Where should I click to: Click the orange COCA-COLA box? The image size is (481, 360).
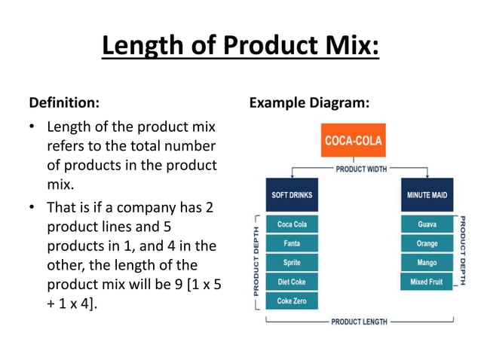[353, 140]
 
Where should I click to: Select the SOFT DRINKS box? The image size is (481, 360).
[291, 195]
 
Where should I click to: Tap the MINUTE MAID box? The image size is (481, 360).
[427, 195]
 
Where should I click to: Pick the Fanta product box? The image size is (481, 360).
[291, 243]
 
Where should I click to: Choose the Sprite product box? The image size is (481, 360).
[291, 262]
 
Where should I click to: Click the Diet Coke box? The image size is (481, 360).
[291, 282]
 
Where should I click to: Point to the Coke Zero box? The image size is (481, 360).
[291, 301]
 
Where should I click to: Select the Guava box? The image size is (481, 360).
[427, 224]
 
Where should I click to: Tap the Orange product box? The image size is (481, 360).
[427, 243]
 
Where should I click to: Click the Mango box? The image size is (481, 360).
[427, 262]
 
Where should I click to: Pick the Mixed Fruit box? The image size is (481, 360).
[427, 282]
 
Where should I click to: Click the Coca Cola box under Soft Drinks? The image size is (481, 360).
[291, 224]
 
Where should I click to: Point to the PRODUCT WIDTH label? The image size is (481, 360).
[361, 169]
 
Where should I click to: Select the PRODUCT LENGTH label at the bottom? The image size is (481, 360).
[359, 322]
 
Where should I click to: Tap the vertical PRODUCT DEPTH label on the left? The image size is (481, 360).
[256, 261]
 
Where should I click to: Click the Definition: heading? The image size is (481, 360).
[63, 101]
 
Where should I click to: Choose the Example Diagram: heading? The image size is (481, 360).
[308, 101]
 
